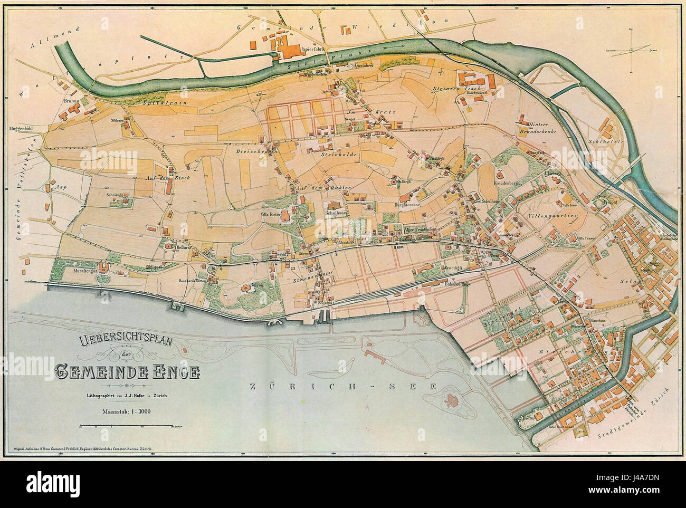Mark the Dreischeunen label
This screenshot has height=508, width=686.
(255, 150)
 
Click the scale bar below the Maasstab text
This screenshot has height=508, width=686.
(126, 425)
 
